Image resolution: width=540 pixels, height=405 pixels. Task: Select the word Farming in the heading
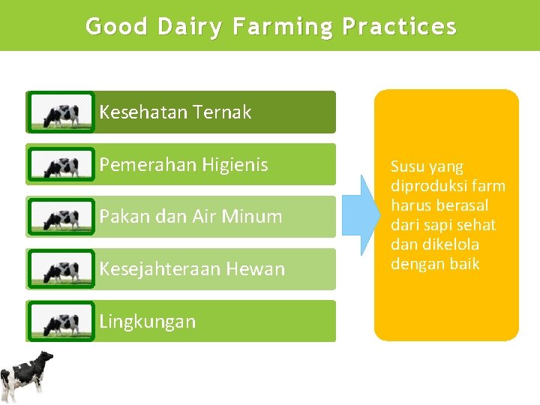click(x=283, y=27)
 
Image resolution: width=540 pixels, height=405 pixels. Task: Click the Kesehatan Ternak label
click(x=175, y=112)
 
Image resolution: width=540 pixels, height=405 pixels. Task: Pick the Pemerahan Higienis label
click(x=183, y=165)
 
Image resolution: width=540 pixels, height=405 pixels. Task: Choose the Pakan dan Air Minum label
click(x=190, y=217)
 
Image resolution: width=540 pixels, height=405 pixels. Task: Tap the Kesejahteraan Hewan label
click(x=192, y=269)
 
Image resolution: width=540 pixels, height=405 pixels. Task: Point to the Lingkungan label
click(x=147, y=322)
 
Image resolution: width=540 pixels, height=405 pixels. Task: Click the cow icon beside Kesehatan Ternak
click(x=61, y=113)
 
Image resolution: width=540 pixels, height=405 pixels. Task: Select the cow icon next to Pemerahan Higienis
click(x=61, y=165)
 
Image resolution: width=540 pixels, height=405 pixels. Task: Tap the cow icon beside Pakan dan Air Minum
click(x=61, y=217)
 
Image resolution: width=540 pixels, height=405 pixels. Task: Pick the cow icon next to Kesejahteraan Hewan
click(x=61, y=269)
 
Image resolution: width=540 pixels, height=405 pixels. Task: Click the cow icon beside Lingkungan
click(x=61, y=322)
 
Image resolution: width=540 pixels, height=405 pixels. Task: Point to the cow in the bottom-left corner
click(x=26, y=376)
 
